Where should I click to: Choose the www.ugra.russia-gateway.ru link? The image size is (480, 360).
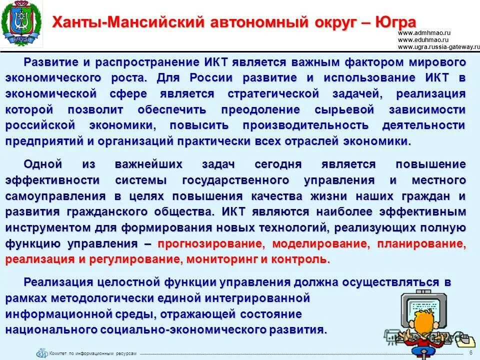pos(438,46)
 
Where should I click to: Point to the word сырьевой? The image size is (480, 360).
pos(350,109)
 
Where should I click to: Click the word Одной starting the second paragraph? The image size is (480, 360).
pos(43,164)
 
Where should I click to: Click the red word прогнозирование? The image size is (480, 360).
pos(210,244)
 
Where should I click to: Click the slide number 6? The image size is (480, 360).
pos(471,352)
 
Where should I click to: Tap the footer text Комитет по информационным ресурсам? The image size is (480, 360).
pos(92,353)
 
